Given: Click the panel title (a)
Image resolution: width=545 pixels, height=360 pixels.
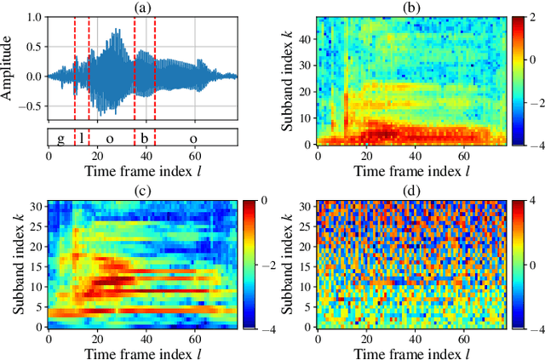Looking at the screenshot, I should coord(142,8).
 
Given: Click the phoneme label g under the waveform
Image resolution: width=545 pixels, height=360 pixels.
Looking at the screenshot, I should coord(60,139).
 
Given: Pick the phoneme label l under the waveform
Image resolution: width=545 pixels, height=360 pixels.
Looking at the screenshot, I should coord(82,139).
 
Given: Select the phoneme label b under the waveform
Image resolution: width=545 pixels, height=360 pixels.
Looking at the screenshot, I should coord(145,139).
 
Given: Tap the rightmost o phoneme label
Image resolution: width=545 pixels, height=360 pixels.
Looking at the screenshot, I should coord(193,139).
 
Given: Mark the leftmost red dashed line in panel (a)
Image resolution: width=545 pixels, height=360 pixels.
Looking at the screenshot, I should coord(75,69).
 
